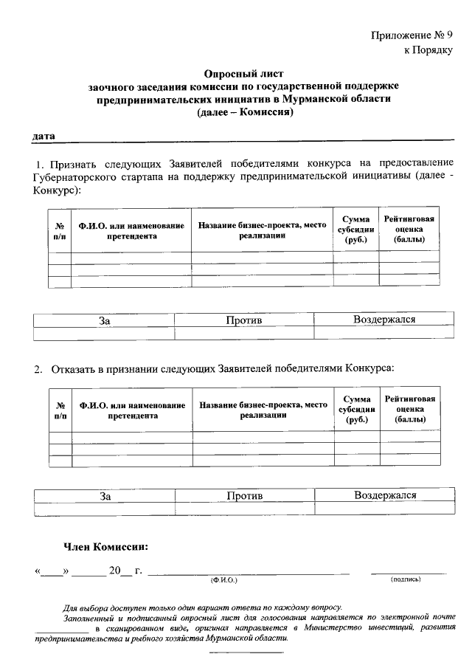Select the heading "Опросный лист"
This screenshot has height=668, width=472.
tap(243, 74)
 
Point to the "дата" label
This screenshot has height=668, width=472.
tap(43, 136)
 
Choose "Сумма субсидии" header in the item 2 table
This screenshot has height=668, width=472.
tap(356, 409)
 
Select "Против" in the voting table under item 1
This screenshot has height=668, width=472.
tap(244, 320)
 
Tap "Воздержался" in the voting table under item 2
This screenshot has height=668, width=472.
tap(385, 495)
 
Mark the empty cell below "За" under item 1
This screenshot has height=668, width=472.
tap(104, 334)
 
